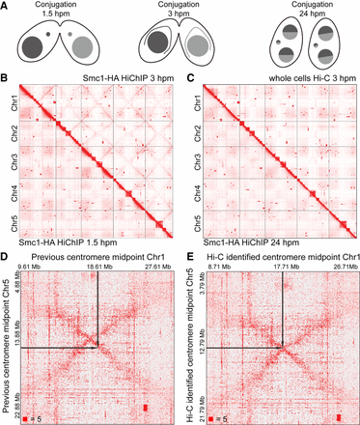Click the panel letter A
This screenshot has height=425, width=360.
point(6,7)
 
